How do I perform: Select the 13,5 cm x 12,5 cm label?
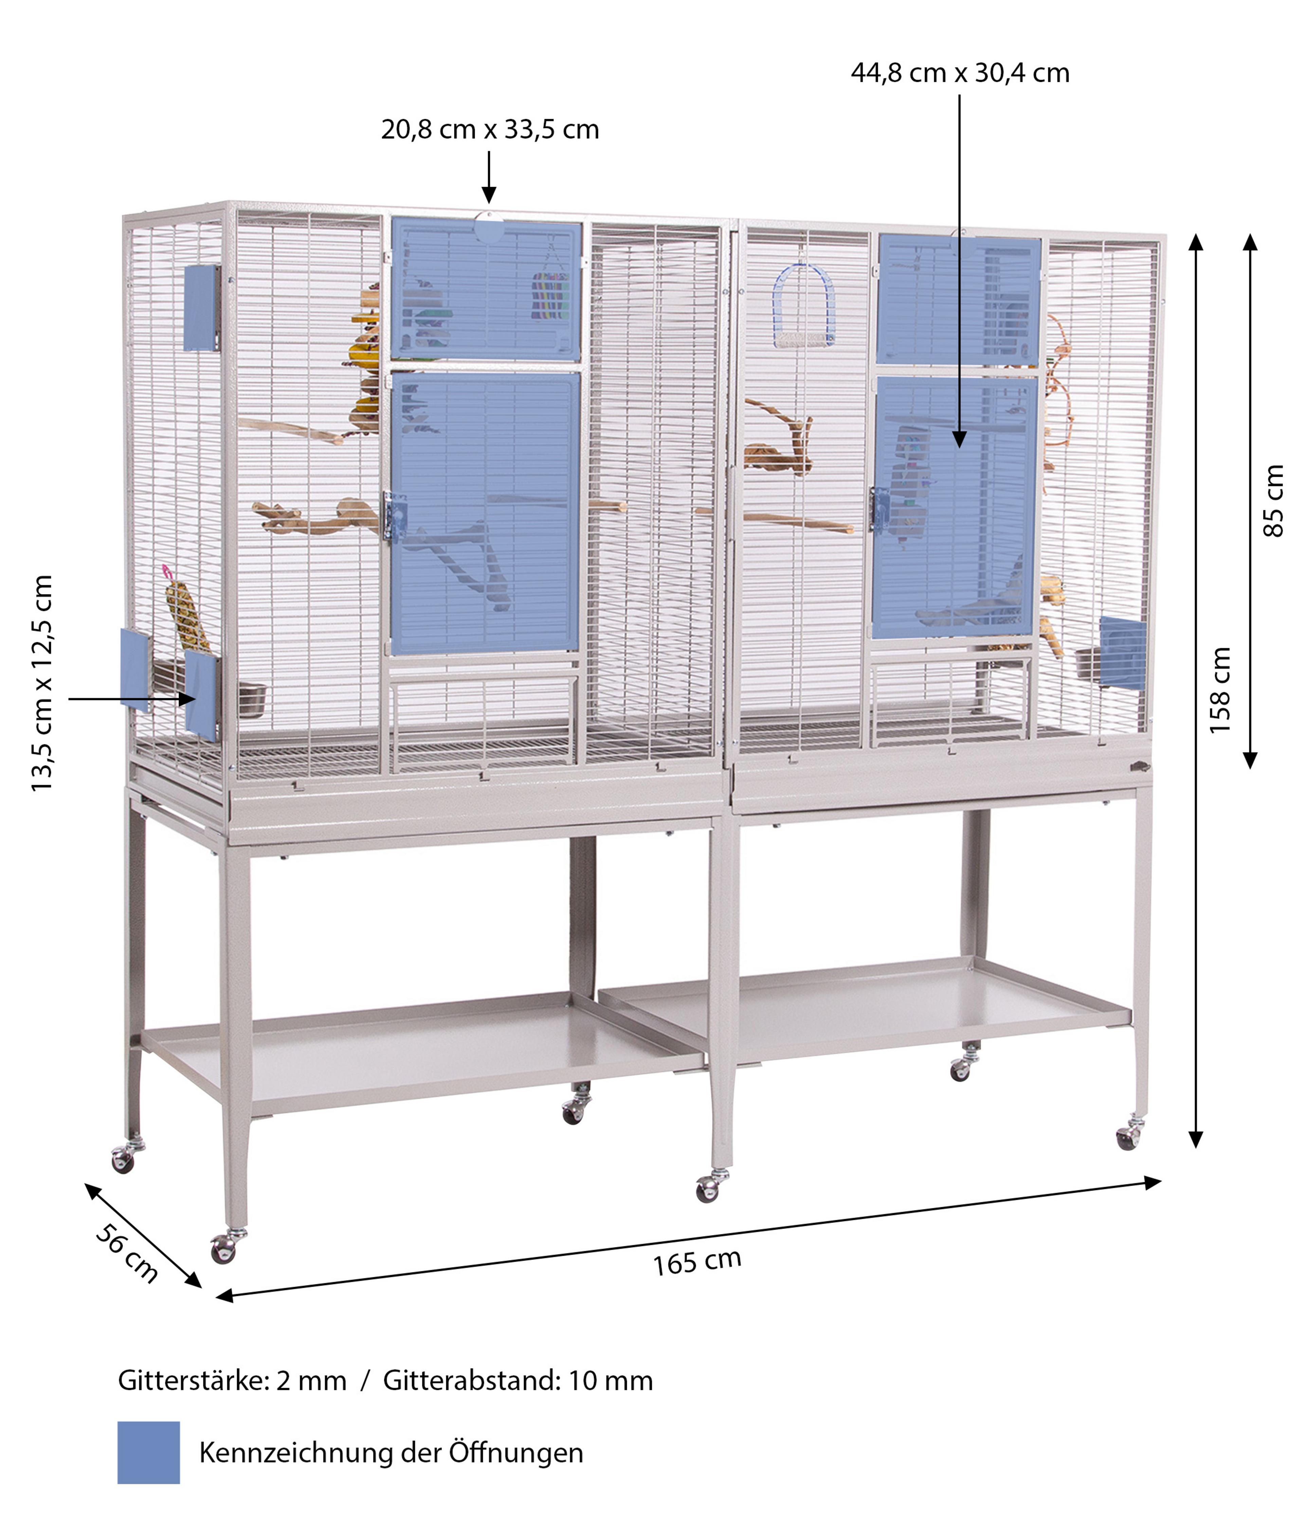click(x=42, y=683)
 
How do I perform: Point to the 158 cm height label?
click(x=1219, y=690)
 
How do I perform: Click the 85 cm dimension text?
click(x=1273, y=501)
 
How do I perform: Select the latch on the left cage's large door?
click(x=394, y=517)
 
